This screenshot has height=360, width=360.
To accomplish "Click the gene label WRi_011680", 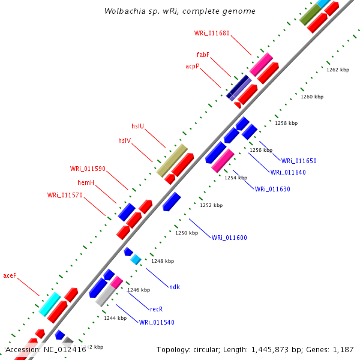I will pos(212,33).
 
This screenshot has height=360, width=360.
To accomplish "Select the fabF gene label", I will pos(203,55).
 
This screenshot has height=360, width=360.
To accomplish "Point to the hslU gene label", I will pos(138,126).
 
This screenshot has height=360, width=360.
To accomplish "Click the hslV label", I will pos(125,140).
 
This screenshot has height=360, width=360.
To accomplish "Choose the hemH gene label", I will pos(86,182).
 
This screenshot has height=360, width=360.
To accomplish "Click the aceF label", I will pos(10,276).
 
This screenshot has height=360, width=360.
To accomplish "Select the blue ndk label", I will pos(175,287).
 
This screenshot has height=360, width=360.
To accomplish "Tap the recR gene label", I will pos(157,309).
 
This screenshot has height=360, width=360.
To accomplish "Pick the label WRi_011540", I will pos(157,322).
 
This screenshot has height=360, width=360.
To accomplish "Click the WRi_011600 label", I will pos(229,238).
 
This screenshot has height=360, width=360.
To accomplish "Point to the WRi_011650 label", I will pos(299,161).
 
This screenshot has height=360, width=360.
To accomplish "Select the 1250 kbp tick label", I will pos(187,233).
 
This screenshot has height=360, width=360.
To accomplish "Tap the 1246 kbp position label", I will pos(139,290).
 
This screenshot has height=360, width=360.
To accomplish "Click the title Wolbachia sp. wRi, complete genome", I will pos(179,11).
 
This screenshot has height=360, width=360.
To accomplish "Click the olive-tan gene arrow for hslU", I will pos(172,160).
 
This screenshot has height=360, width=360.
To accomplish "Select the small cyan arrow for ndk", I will pos(136,259).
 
